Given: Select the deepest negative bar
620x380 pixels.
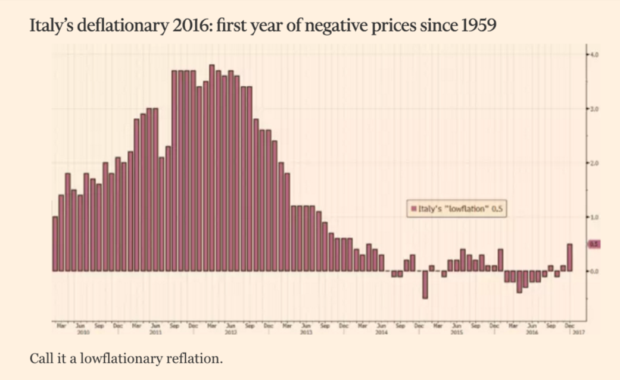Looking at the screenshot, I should [425, 284].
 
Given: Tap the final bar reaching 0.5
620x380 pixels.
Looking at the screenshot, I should [569, 257].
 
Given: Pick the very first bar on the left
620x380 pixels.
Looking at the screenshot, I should [55, 243].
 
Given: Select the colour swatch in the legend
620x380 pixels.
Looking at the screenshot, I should [413, 209].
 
